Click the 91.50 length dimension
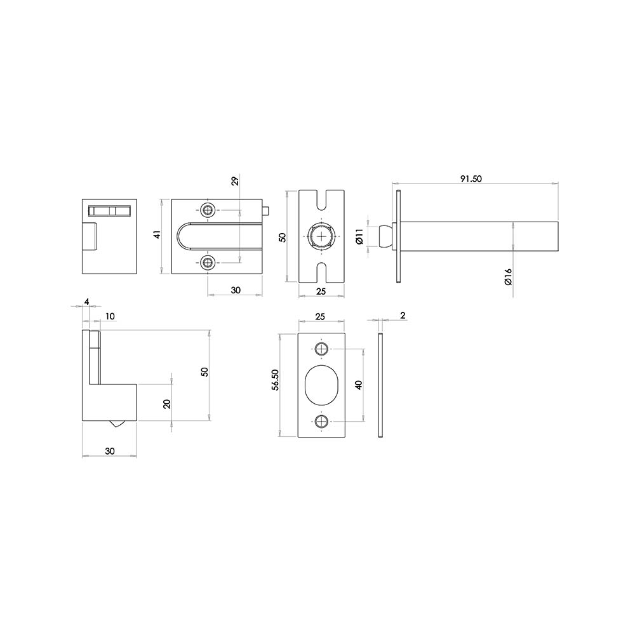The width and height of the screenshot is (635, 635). click(x=471, y=179)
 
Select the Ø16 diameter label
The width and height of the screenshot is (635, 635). click(x=508, y=276)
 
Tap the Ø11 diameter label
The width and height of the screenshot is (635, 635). click(x=359, y=236)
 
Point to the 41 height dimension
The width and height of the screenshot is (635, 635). click(x=157, y=234)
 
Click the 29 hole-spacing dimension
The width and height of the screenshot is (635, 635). click(x=234, y=182)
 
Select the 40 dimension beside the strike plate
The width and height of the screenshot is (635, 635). click(x=359, y=385)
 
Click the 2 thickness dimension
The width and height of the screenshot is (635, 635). click(x=403, y=316)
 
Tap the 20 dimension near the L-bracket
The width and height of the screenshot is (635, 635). click(x=167, y=404)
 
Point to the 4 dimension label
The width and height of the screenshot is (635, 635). click(x=87, y=302)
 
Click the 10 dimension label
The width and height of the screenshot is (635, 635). click(x=110, y=316)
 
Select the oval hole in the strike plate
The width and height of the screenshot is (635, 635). click(x=322, y=385)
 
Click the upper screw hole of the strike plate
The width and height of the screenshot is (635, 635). click(x=322, y=349)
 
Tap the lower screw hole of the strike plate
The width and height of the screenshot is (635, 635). click(x=322, y=421)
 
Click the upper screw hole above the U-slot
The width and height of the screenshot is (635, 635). click(x=208, y=210)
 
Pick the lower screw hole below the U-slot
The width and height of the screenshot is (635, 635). click(x=208, y=263)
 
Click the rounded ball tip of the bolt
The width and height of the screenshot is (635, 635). click(x=384, y=236)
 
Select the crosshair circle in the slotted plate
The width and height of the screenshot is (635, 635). click(x=322, y=236)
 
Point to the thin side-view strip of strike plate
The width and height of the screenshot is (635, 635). click(x=380, y=385)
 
